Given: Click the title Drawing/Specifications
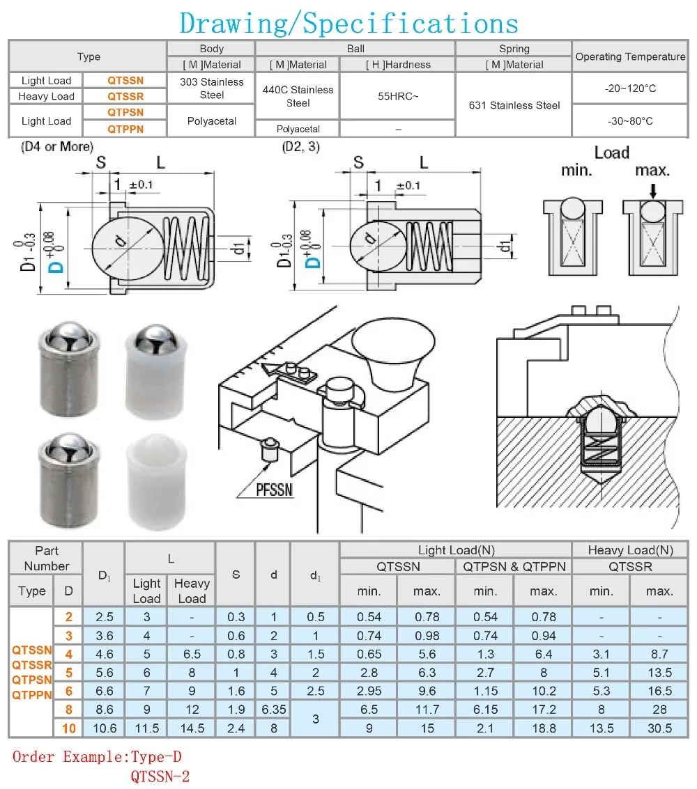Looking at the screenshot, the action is pos(348,23).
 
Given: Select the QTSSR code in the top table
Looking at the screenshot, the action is pos(125,96).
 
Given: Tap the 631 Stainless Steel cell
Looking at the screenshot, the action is pos(514,105).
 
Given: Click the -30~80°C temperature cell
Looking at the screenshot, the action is pos(630,120).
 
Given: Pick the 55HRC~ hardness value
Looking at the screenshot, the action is pos(398,96).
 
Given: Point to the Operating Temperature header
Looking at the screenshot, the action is pos(631,56).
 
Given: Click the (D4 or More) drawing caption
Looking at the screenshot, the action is pos(57,146).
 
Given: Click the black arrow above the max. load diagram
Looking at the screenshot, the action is pos(653,191).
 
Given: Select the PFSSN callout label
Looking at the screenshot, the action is pos(274,490).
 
